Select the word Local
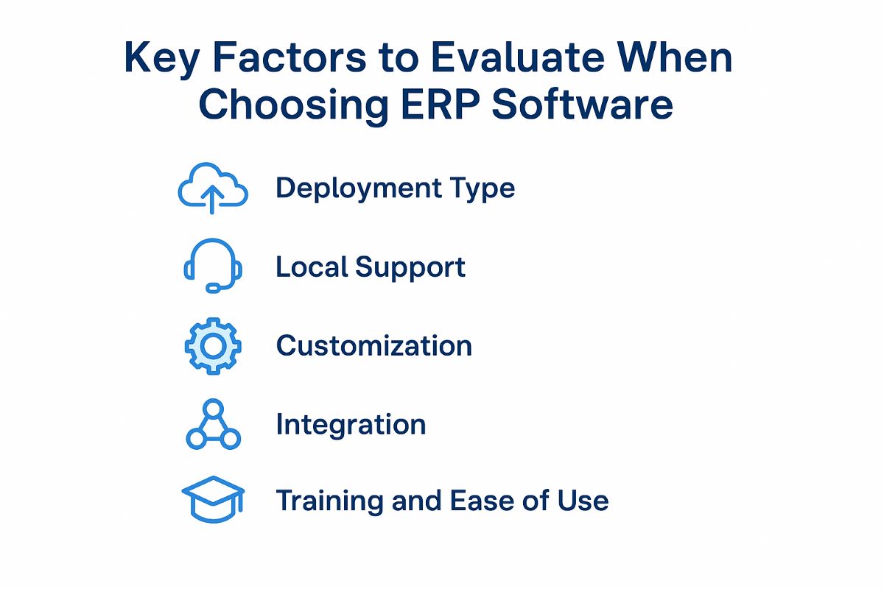[x=312, y=267]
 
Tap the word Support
[x=410, y=268]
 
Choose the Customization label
[x=374, y=346]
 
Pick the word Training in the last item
[x=329, y=502]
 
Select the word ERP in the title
[x=440, y=104]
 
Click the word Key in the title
[x=161, y=59]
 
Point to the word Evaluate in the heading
[x=518, y=57]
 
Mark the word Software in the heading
[x=582, y=104]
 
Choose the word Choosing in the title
[x=294, y=106]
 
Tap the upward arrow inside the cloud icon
[x=212, y=200]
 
